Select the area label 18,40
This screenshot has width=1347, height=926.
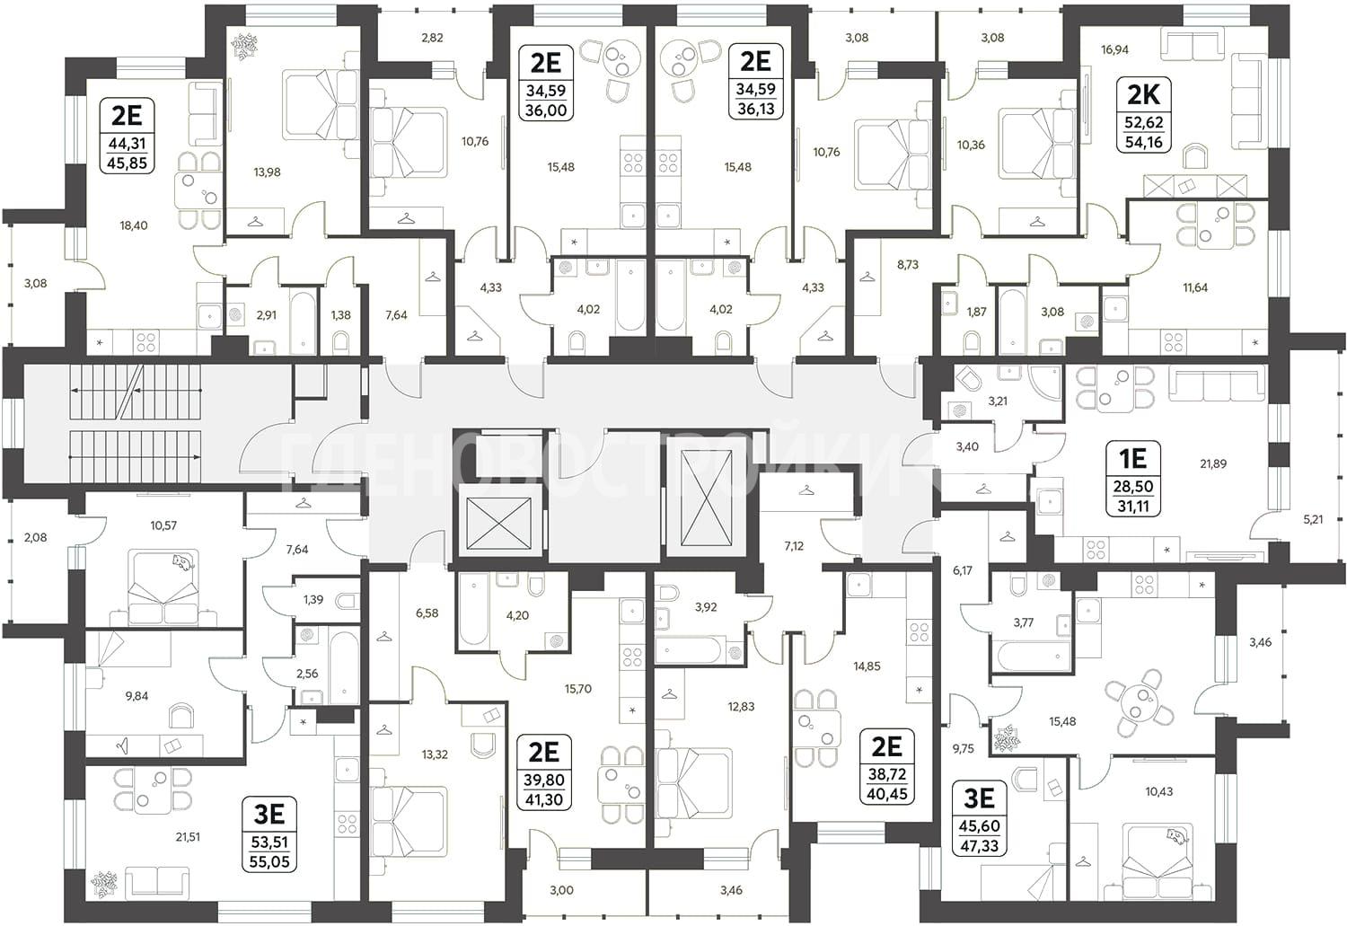[x=134, y=225]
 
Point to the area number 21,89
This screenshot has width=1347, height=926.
[x=1212, y=463]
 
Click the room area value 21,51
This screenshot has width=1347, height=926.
[x=187, y=836]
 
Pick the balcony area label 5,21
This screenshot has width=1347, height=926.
[x=1313, y=519]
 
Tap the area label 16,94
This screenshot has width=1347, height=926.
[x=1114, y=50]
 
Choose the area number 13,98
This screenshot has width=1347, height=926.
[x=267, y=172]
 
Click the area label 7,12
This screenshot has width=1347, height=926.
[x=794, y=546]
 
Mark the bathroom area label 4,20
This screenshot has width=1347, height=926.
[x=517, y=615]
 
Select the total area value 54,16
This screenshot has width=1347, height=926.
[x=1144, y=143]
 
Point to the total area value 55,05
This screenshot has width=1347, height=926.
[x=269, y=861]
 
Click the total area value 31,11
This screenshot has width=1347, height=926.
[x=1133, y=507]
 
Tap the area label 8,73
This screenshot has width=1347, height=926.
[x=907, y=264]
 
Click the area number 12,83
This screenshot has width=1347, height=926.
[x=741, y=707]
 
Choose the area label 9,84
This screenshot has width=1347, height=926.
[x=136, y=696]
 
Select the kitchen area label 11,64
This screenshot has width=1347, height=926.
[x=1195, y=287]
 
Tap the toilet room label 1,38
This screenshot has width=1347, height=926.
[x=340, y=314]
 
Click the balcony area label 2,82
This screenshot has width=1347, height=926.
[x=432, y=38]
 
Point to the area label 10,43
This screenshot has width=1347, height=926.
[x=1158, y=791]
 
